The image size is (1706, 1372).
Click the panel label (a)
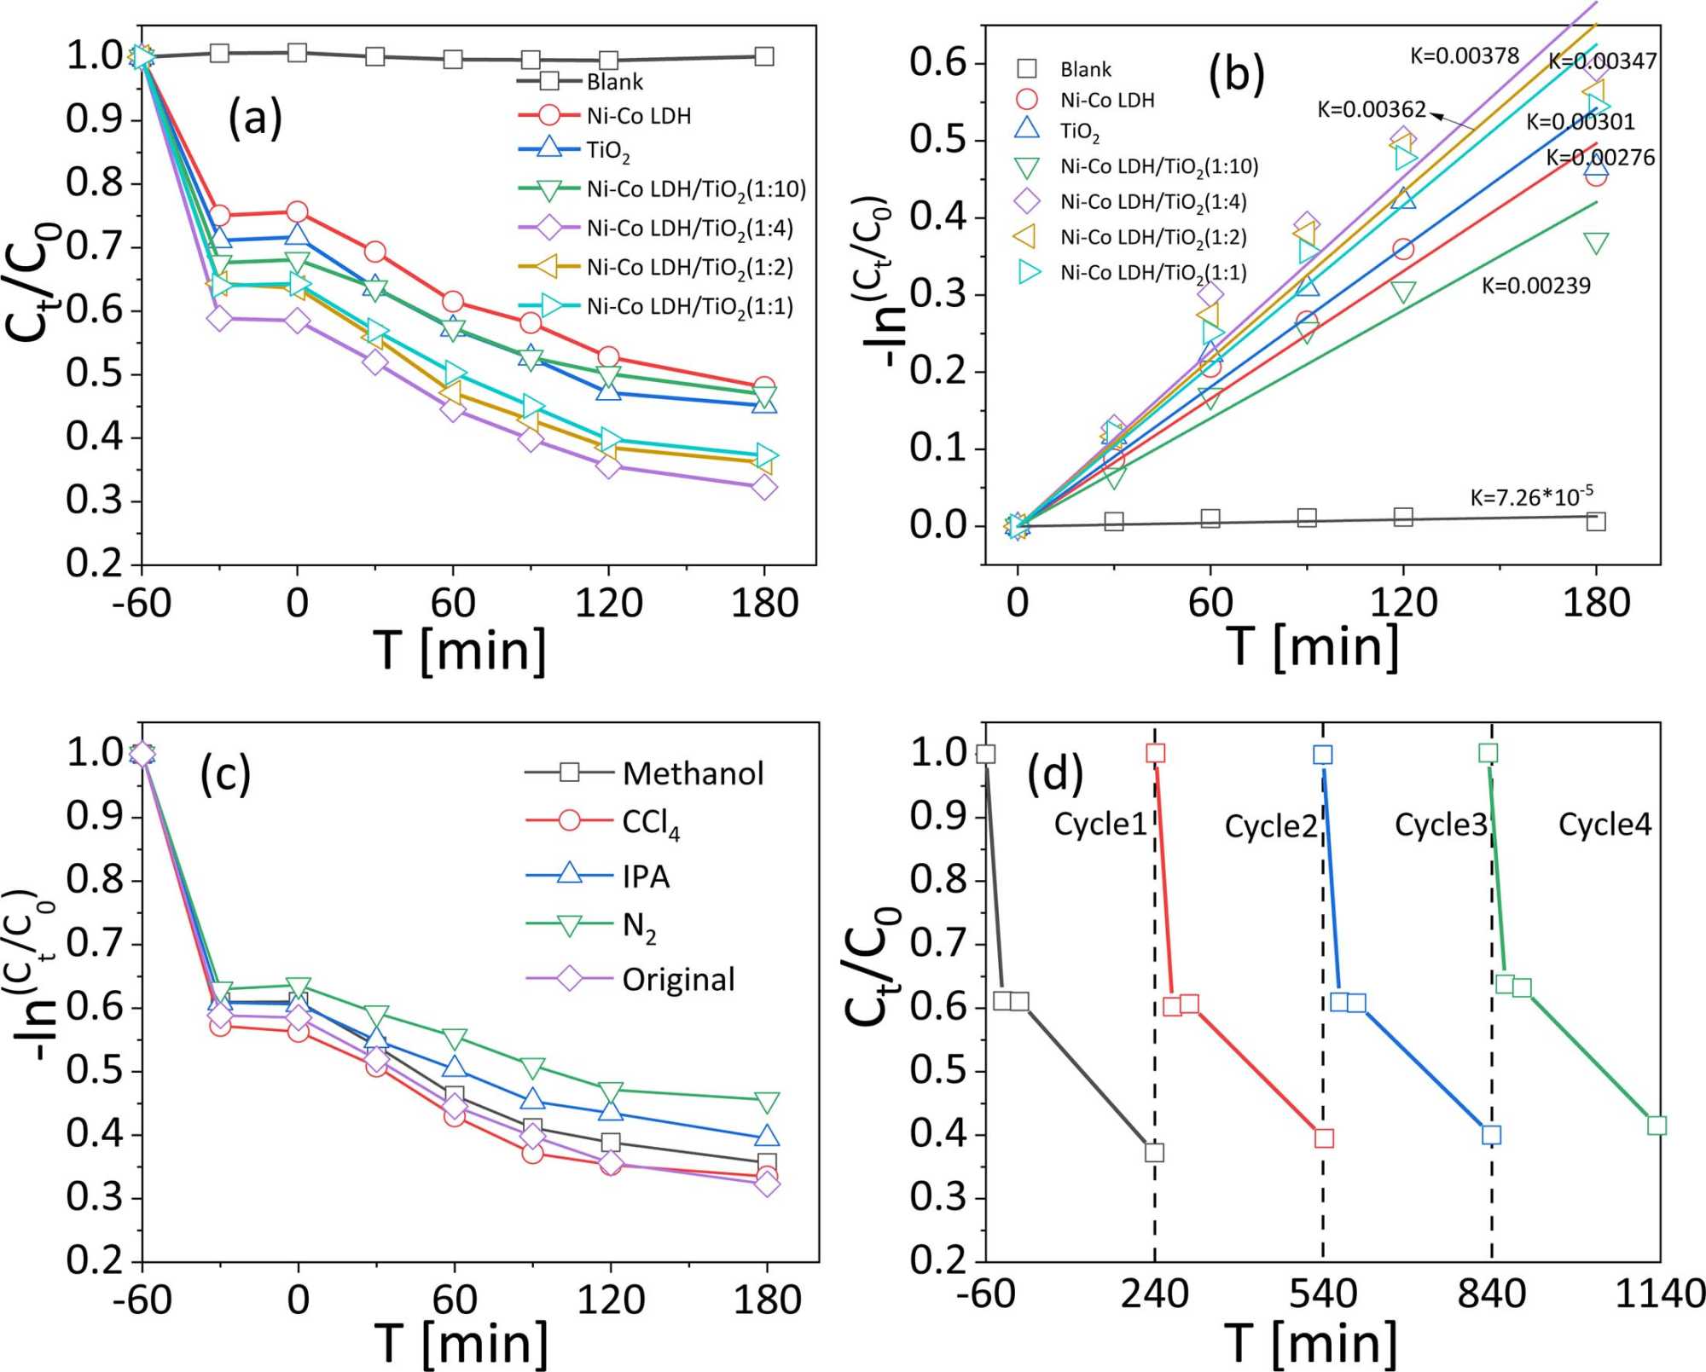254,119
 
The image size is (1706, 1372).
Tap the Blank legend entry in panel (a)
614,82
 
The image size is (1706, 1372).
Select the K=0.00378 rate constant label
1464,56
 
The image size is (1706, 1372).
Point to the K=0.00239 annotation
1535,286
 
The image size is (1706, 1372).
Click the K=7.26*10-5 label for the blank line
1530,496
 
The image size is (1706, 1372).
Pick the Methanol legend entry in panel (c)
693,773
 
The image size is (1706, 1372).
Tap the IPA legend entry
646,877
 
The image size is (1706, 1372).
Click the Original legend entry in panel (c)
678,980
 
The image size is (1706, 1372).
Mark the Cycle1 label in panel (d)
1100,825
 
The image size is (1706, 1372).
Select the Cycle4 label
1604,825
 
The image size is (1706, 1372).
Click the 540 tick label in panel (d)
1323,1294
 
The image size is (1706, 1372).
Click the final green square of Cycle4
1657,1126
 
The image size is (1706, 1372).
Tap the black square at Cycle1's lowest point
1154,1153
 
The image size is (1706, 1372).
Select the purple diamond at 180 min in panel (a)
764,488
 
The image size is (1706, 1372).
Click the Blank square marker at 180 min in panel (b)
1596,521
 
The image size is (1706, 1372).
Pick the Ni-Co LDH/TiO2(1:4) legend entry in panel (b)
1153,202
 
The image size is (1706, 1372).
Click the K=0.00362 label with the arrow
1372,110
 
